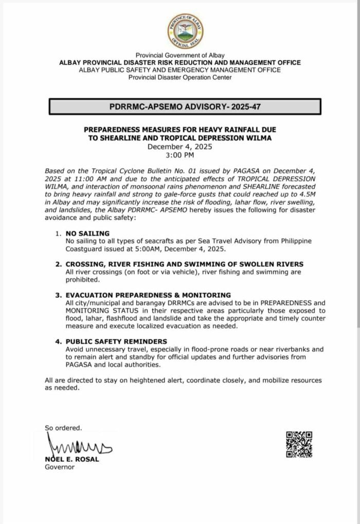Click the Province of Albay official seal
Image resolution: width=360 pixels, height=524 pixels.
(185, 31)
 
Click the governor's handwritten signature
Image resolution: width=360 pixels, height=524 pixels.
(77, 444)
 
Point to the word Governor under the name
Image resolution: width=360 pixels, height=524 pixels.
(60, 467)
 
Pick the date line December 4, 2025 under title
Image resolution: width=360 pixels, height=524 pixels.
(180, 147)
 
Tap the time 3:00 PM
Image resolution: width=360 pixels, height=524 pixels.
(180, 154)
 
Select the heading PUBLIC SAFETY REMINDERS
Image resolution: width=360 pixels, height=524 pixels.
(116, 341)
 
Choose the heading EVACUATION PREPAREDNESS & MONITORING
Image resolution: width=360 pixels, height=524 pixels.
(148, 295)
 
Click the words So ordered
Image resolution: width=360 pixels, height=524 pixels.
(63, 427)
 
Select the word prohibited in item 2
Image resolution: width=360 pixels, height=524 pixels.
(83, 280)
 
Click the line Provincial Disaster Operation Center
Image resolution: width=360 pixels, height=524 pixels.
(180, 77)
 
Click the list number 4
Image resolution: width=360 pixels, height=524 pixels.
(58, 341)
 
